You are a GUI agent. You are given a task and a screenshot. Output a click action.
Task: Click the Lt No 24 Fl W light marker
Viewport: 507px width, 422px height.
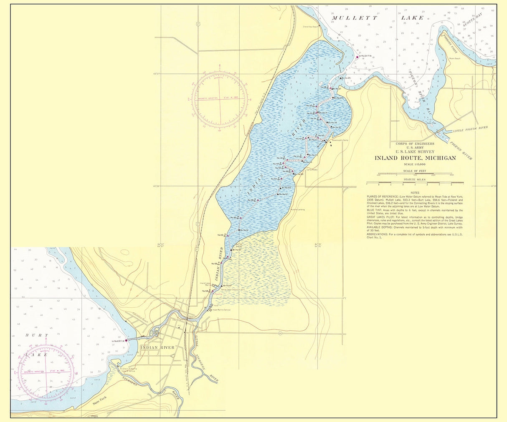tap(357, 57)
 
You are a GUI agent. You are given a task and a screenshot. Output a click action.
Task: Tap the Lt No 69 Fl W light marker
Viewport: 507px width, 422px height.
tap(126, 341)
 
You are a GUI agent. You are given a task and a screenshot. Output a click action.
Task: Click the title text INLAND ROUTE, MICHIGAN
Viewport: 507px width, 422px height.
tap(415, 158)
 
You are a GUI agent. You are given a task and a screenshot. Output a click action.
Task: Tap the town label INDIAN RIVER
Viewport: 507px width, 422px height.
tap(158, 347)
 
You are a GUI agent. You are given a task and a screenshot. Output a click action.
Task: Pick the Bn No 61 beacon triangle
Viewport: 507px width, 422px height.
tap(239, 230)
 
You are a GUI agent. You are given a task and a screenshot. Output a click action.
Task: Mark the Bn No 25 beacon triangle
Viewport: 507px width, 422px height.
tap(339, 78)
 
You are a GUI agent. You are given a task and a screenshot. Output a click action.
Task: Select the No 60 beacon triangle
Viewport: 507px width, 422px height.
tap(239, 218)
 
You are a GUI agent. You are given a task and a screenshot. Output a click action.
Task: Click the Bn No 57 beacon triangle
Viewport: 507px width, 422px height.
tap(279, 194)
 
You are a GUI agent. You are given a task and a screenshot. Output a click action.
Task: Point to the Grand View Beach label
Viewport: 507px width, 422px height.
tap(311, 26)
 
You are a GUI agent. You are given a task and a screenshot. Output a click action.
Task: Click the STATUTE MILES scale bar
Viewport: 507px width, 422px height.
tap(415, 183)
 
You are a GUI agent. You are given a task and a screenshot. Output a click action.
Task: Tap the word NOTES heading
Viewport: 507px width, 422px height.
tap(415, 193)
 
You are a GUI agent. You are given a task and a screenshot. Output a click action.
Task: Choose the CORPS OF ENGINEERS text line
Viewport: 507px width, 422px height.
tap(415, 143)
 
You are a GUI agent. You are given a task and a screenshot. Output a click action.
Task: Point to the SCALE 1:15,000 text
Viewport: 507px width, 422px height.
tap(415, 164)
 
